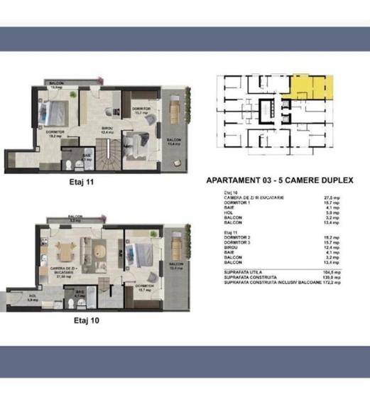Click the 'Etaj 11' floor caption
pos(83,183)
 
